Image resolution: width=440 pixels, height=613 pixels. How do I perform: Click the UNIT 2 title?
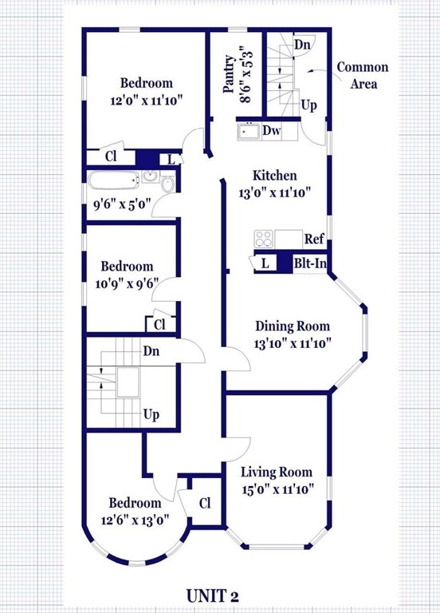[212, 595]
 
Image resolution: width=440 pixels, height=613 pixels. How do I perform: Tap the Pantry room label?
[230, 74]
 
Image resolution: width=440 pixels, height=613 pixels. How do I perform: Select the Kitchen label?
[275, 175]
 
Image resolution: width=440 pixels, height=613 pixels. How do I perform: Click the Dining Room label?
[293, 326]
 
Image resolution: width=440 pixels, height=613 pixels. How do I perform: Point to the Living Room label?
[277, 473]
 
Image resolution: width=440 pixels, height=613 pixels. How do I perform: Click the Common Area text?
[363, 76]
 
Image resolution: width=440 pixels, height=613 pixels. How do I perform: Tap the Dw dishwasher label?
[271, 131]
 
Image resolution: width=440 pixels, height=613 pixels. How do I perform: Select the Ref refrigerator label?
[314, 239]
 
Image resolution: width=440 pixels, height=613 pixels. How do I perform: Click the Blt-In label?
[310, 263]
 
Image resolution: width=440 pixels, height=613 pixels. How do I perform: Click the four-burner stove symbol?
[264, 239]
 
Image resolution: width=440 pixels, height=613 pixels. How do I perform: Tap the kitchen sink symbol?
[249, 132]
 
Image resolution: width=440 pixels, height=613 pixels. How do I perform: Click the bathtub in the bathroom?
[114, 181]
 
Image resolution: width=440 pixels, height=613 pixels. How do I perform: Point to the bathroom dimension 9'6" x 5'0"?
[122, 204]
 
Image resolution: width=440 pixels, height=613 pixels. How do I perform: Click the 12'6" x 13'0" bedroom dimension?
[135, 520]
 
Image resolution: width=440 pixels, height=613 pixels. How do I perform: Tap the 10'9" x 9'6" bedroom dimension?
[127, 283]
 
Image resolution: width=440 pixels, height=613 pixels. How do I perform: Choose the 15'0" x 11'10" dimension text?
[278, 489]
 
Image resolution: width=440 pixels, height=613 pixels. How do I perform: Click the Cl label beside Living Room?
[205, 503]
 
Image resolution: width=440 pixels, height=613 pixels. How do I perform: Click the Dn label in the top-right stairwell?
[302, 44]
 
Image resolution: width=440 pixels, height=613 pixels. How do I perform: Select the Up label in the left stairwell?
[151, 414]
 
